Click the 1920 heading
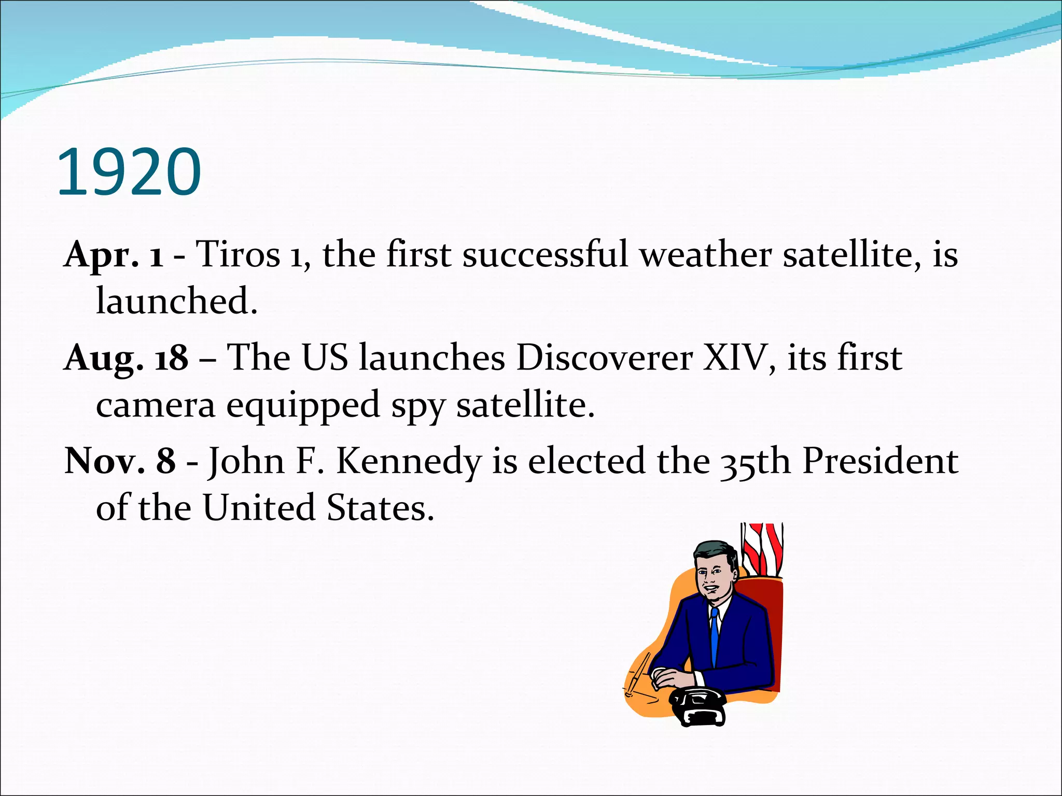129,172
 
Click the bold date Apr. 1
114,255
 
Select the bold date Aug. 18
125,358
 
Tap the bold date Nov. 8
120,461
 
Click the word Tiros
238,255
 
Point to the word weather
705,255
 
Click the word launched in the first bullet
176,302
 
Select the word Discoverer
604,358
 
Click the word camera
156,406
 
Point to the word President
880,461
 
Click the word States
380,508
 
